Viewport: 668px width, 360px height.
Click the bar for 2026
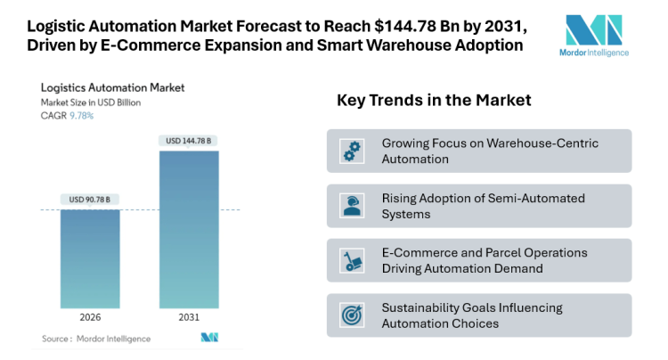90,259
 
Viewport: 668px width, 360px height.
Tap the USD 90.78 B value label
90,199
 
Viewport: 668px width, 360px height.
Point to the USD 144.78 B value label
189,140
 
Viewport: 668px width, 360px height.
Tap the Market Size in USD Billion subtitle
91,102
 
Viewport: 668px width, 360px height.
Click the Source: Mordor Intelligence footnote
96,339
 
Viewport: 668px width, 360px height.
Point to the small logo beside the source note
209,338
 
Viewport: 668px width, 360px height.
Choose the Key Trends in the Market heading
434,100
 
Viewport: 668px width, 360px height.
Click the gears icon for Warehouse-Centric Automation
353,151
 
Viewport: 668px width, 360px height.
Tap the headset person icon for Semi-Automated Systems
353,206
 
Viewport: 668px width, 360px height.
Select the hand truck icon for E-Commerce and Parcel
353,260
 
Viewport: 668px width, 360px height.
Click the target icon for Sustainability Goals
353,315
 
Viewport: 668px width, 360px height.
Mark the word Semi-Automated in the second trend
534,198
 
